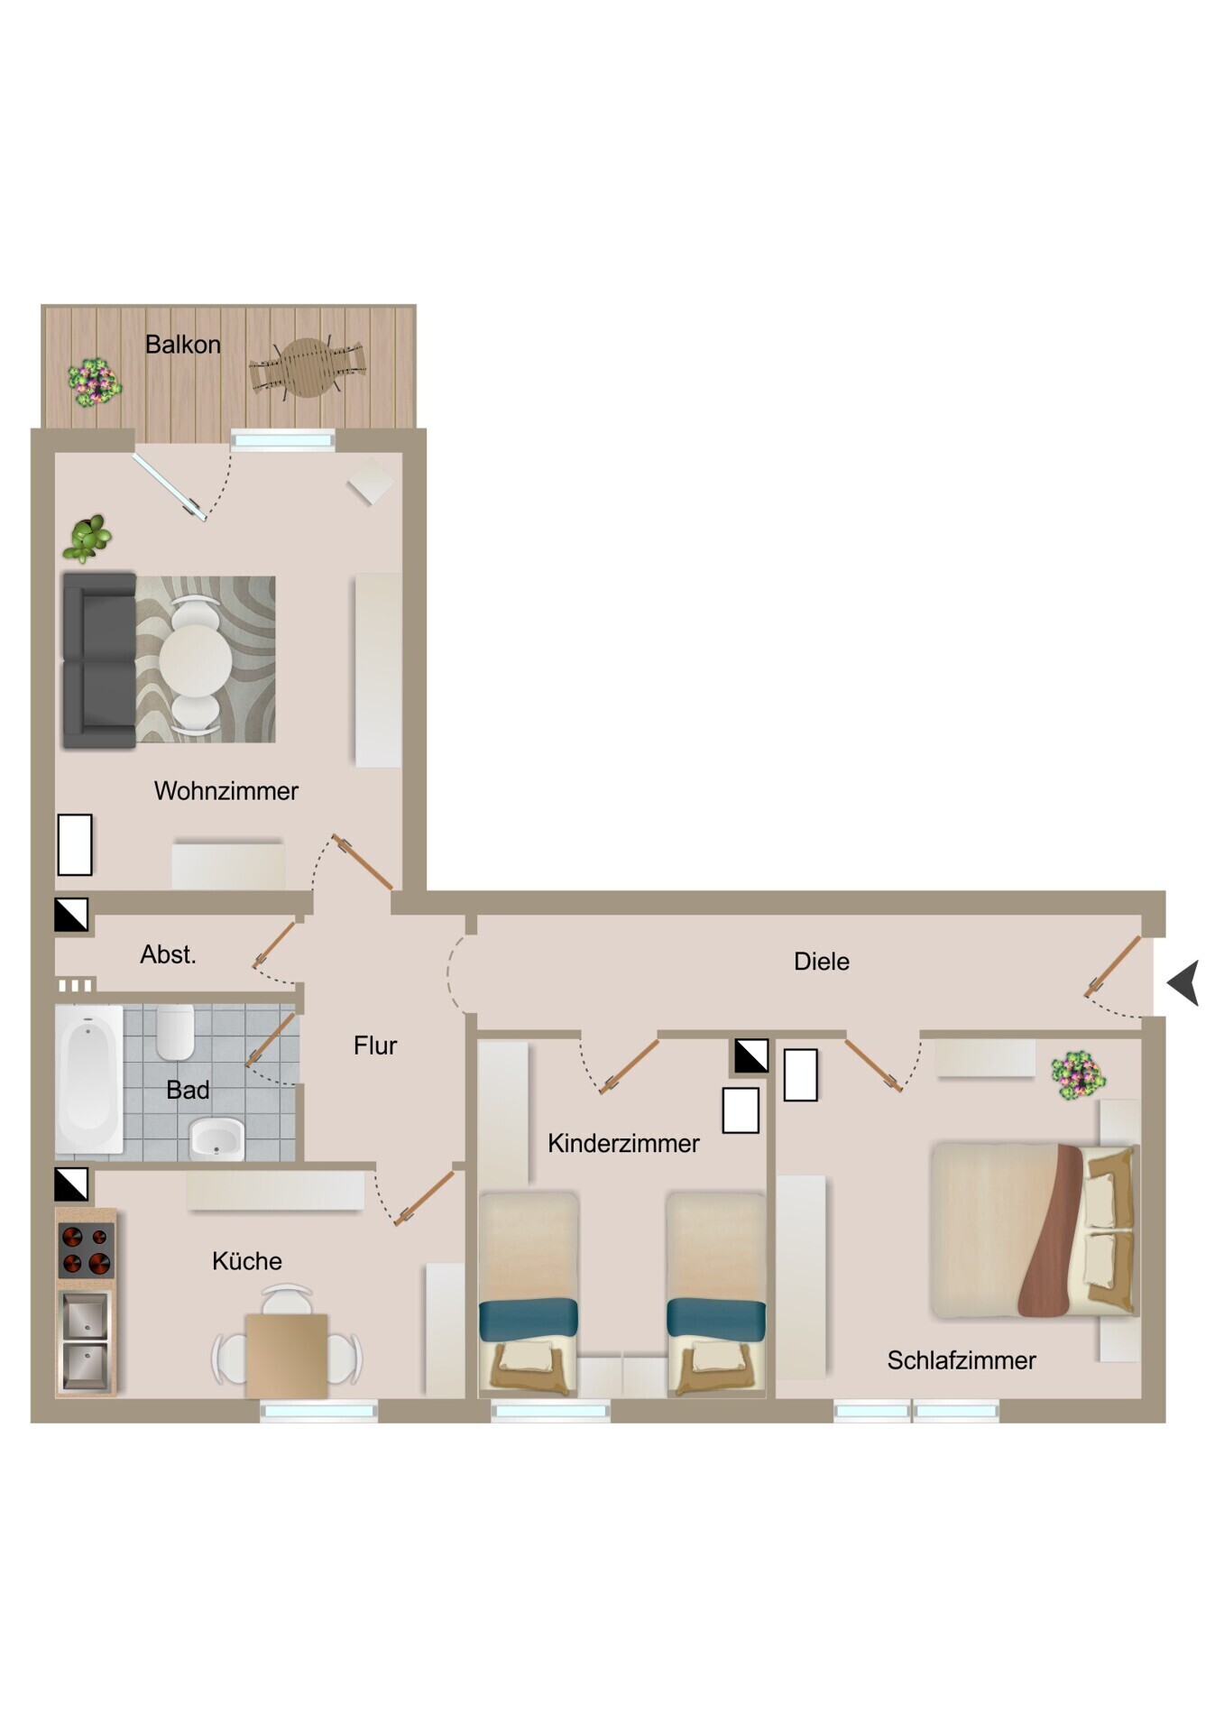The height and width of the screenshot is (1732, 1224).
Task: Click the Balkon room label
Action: (x=183, y=345)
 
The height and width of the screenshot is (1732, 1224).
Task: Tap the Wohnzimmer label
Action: (x=226, y=791)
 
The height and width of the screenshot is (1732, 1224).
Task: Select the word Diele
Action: (x=822, y=962)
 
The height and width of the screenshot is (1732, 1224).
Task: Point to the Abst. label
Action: (x=168, y=954)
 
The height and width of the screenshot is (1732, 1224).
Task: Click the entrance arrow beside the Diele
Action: (x=1184, y=983)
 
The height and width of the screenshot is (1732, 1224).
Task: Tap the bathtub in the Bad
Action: (x=89, y=1079)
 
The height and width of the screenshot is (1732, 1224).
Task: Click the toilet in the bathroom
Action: (x=176, y=1032)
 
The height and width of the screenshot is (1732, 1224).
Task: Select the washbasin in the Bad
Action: (x=216, y=1139)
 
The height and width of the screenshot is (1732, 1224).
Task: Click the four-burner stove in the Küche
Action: (x=87, y=1250)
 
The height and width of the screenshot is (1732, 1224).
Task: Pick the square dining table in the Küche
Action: (x=287, y=1356)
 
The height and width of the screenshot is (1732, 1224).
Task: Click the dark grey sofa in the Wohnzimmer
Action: (x=99, y=660)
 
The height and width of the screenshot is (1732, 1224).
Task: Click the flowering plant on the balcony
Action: (x=95, y=382)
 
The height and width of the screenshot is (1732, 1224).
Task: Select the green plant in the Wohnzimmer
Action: (x=87, y=538)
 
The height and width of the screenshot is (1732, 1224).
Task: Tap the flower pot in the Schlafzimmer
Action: (x=1078, y=1075)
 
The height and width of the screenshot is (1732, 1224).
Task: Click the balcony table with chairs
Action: (x=308, y=367)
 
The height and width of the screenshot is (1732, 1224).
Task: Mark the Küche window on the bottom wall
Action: (x=319, y=1411)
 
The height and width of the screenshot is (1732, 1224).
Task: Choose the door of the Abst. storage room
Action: (x=274, y=944)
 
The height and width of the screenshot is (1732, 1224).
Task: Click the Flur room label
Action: (x=375, y=1046)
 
